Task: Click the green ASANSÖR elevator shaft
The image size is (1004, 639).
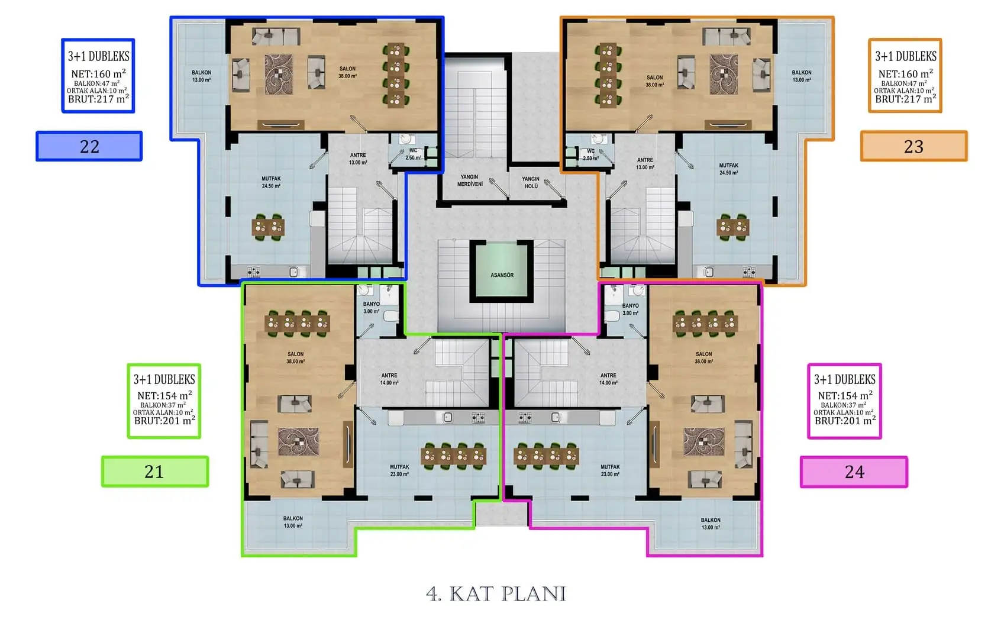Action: pos(502,271)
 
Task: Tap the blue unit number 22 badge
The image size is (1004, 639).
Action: pos(89,146)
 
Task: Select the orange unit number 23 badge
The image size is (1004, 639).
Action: pos(914,146)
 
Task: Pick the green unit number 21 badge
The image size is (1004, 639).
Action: pos(154,472)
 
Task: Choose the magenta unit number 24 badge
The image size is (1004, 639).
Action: pos(854,472)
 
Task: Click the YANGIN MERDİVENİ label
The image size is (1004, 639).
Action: pos(470,180)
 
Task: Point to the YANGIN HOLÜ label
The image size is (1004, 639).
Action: pos(531,182)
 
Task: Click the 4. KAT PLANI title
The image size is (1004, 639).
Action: pos(496,594)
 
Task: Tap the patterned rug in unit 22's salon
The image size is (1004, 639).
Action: pos(278,75)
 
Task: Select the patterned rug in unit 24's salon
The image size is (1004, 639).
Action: pos(703,442)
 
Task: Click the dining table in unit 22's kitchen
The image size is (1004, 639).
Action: pos(267,227)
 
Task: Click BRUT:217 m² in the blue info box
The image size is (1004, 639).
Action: pos(98,99)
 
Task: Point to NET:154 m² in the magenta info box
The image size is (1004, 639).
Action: pos(845,396)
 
